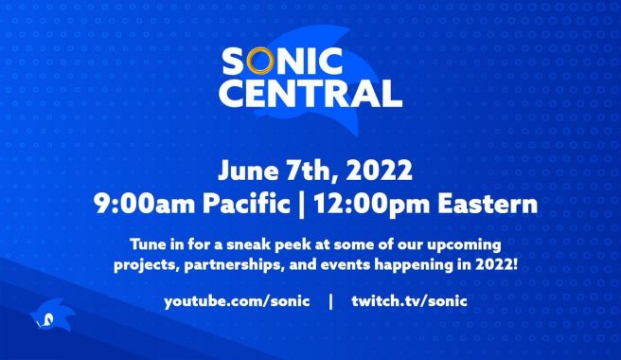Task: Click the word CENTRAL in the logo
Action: point(310,93)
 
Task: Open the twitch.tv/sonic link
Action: point(408,300)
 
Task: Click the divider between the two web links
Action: point(329,300)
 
